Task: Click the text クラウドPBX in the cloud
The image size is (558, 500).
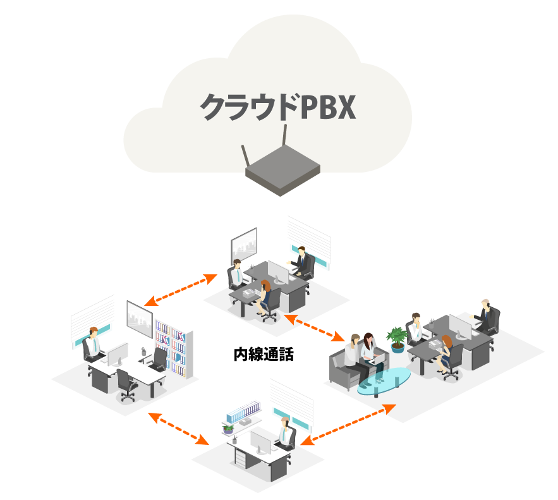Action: click(x=278, y=107)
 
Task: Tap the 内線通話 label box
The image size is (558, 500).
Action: click(x=264, y=354)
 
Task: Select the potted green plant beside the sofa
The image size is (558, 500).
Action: click(x=397, y=338)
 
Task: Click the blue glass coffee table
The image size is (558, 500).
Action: click(x=384, y=381)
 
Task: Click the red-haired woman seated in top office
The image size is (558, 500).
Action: click(x=265, y=295)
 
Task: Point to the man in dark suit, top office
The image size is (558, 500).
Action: click(x=304, y=260)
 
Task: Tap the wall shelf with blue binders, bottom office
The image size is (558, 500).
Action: click(x=243, y=414)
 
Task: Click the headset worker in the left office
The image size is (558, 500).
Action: click(x=92, y=345)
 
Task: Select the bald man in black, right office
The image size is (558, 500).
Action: click(x=486, y=314)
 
